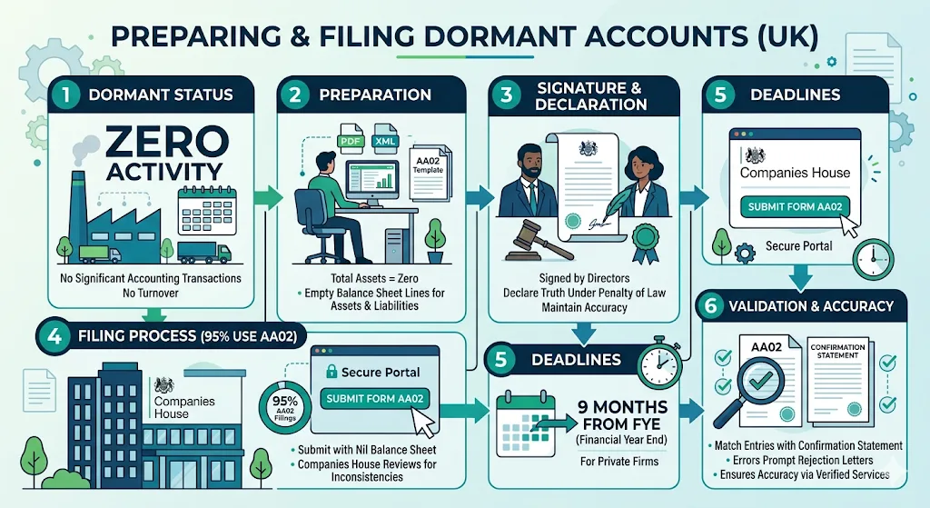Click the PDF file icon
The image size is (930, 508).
pos(350,141)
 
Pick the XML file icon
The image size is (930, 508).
pos(384,141)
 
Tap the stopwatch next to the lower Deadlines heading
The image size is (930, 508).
pos(661,360)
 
